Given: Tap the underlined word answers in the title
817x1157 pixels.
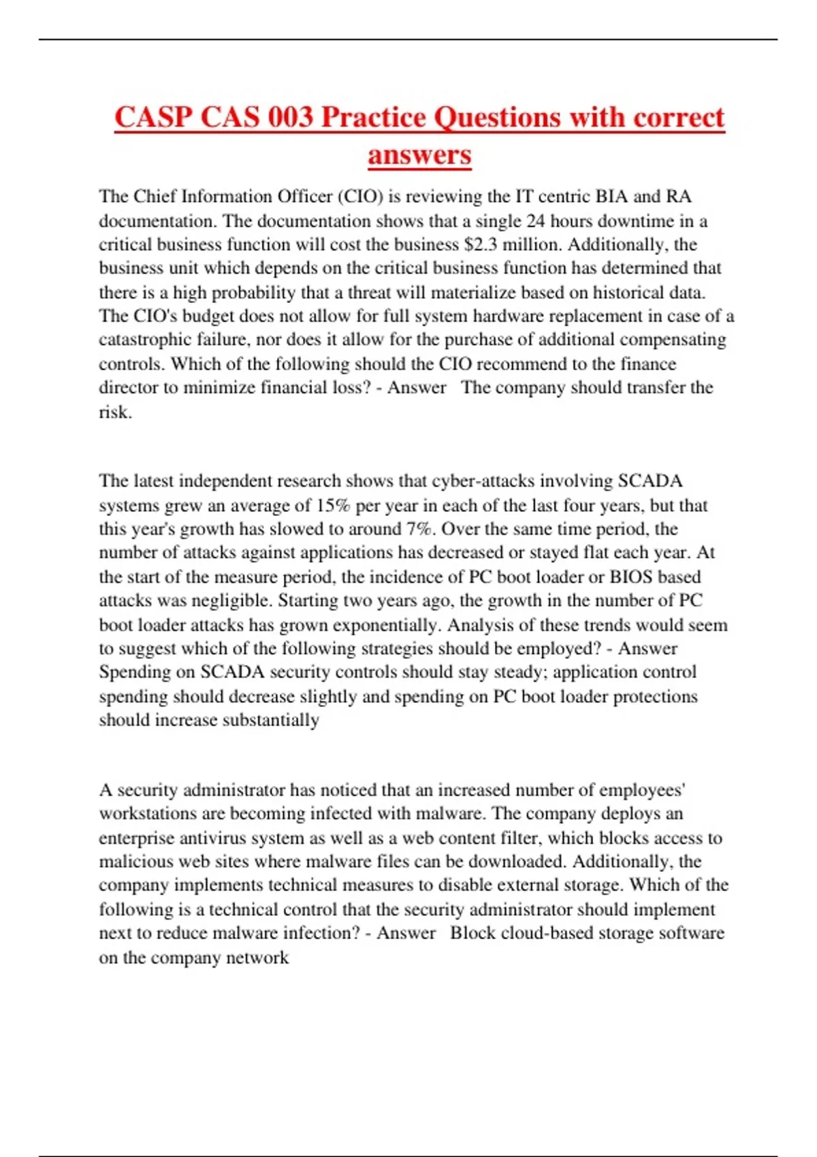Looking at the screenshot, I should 419,154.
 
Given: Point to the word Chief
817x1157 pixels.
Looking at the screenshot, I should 155,197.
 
